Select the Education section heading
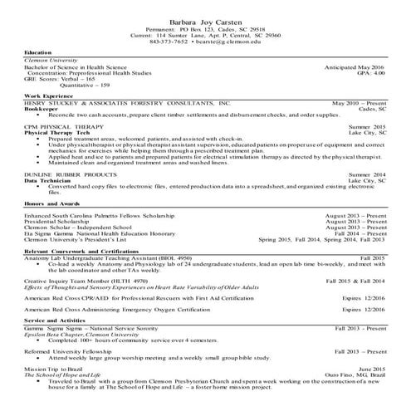(38, 52)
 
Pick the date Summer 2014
(368, 174)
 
